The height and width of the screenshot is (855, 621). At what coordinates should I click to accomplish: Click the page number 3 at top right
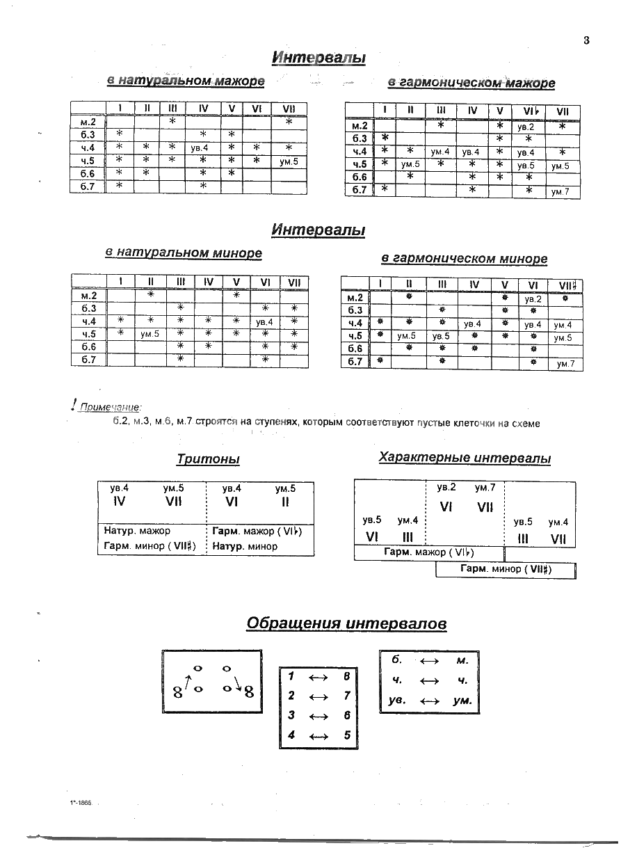(586, 40)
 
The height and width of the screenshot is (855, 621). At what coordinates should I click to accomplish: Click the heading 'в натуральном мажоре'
(186, 81)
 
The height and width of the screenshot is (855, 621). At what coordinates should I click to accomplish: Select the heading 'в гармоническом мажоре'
(471, 83)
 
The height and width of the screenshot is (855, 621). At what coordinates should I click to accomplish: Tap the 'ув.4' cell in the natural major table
(203, 148)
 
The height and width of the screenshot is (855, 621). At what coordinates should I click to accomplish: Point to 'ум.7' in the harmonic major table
(560, 192)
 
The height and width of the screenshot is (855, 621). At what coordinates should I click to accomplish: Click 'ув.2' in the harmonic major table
(525, 128)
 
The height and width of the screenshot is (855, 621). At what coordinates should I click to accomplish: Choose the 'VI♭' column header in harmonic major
(527, 111)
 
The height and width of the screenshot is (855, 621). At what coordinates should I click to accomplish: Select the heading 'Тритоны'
(208, 460)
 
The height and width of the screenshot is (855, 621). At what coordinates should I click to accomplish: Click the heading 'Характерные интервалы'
(465, 458)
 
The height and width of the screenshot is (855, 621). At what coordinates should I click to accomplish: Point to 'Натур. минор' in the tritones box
(245, 546)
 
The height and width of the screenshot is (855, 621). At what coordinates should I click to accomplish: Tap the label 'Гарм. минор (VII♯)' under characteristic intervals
(506, 569)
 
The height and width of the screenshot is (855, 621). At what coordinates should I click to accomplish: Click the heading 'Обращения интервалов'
(346, 624)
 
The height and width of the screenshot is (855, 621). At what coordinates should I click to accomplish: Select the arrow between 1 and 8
(318, 676)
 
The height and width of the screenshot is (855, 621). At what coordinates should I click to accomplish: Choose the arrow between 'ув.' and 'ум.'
(430, 701)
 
